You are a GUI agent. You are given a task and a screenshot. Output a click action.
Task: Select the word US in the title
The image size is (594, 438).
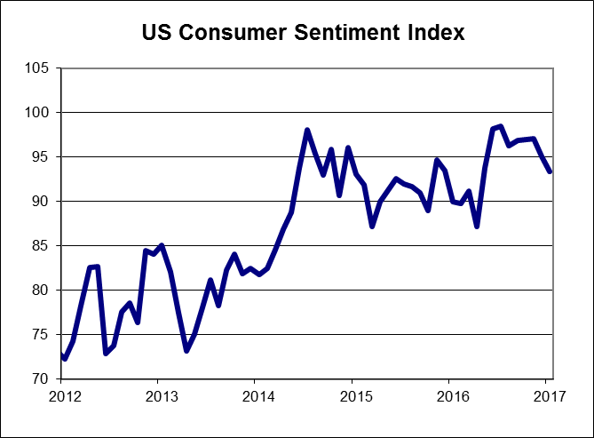tap(159, 34)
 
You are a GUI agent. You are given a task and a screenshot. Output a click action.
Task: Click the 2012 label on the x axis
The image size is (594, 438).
tap(60, 395)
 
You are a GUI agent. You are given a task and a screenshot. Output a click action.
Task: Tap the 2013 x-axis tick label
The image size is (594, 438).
tap(158, 395)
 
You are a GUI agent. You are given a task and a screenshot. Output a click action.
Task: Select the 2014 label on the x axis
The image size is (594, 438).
tap(256, 395)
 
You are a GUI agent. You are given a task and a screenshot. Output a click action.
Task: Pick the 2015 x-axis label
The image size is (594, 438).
tap(353, 395)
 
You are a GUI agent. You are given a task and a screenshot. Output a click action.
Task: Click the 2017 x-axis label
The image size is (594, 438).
tap(549, 395)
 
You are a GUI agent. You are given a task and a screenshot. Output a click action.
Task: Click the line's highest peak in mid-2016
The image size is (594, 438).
tap(501, 126)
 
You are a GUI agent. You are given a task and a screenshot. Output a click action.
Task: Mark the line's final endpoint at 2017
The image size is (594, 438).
tap(550, 171)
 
